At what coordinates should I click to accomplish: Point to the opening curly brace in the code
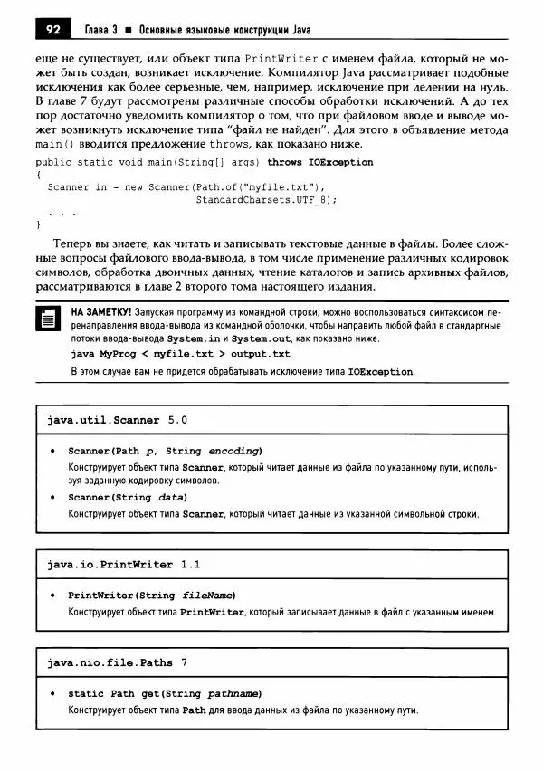(38, 175)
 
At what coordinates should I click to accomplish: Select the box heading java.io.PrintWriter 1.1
(124, 565)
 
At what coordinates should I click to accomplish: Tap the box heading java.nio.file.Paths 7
(118, 663)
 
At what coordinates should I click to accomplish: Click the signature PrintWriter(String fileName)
(152, 596)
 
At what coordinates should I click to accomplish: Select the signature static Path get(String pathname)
(165, 694)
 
